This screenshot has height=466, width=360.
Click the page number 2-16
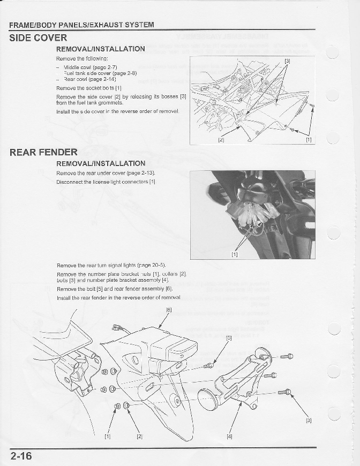tap(21, 456)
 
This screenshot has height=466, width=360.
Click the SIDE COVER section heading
tap(38, 38)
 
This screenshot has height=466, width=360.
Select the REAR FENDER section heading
tap(43, 153)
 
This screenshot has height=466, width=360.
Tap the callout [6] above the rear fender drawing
tap(169, 310)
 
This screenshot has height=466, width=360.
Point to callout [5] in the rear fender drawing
tap(228, 338)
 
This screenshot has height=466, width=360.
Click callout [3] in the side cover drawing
tap(287, 61)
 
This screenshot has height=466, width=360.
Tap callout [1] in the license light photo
tap(235, 254)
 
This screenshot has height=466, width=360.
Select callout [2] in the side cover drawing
tap(221, 140)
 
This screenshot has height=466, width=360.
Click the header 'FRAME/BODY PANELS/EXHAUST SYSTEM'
tap(81, 25)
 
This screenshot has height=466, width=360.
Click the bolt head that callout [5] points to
tap(209, 365)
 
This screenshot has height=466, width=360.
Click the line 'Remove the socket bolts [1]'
tap(89, 88)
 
